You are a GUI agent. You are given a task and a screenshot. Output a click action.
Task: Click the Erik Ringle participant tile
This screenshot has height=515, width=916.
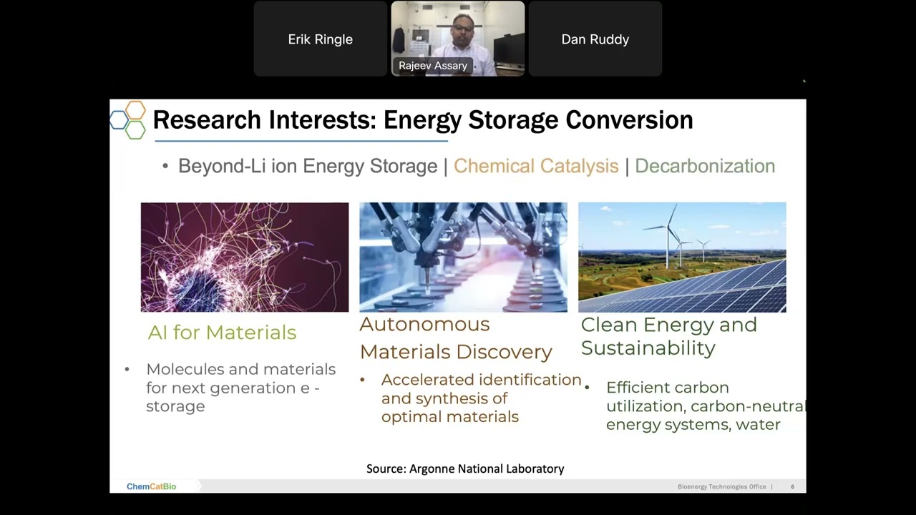[x=320, y=39]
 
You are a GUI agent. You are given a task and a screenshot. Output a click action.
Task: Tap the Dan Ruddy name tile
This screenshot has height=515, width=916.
[x=595, y=39]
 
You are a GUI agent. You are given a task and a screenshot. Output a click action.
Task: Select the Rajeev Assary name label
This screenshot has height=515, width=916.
[x=433, y=66]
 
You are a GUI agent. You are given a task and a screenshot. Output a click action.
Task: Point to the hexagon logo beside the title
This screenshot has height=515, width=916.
[x=129, y=119]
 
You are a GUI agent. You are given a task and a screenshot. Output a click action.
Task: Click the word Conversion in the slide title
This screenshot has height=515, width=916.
[x=629, y=120]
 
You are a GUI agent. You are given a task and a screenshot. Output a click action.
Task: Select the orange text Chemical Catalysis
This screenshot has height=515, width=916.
[x=536, y=166]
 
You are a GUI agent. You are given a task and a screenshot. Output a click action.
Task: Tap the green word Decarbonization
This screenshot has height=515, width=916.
[x=704, y=166]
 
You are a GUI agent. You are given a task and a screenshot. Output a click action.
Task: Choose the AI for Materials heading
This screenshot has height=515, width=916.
[x=222, y=332]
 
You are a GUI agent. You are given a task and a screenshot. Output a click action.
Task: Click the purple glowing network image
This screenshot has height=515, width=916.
[x=245, y=257]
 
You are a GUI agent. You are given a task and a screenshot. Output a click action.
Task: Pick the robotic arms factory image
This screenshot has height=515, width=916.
[x=463, y=257]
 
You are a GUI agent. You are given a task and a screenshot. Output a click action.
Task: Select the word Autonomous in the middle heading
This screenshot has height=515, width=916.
[x=424, y=324]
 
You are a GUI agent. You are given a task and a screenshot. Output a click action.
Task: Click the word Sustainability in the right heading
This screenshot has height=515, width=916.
[x=648, y=348]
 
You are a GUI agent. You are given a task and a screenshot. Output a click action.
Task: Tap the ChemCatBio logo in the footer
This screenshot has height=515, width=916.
[x=151, y=486]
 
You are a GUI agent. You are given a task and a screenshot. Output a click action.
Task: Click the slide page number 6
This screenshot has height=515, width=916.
[x=792, y=486]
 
